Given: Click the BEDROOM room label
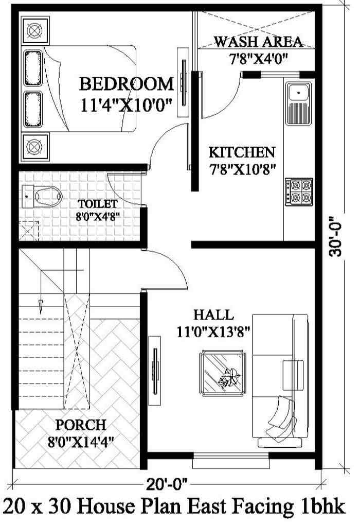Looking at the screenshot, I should [126, 83].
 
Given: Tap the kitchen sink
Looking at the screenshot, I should [298, 94].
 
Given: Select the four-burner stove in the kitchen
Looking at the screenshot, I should [299, 191].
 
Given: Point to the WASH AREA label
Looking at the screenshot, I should [258, 42].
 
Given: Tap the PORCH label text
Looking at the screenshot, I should [81, 425].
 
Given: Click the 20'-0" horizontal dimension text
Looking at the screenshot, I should [166, 484].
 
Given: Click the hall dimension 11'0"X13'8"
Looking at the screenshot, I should [212, 331].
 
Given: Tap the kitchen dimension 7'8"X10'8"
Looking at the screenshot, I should [241, 168].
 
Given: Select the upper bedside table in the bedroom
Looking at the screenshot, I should [34, 30].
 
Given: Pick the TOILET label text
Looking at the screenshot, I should [98, 204].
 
